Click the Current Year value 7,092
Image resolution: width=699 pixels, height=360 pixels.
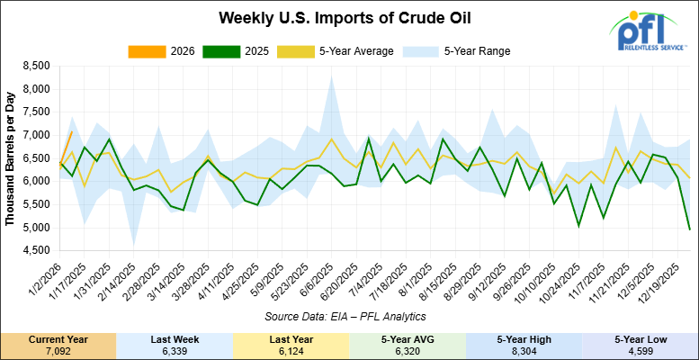pos(58,349)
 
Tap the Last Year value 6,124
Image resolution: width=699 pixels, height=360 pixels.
pos(291,349)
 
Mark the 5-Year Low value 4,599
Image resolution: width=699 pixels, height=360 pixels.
pos(640,349)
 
